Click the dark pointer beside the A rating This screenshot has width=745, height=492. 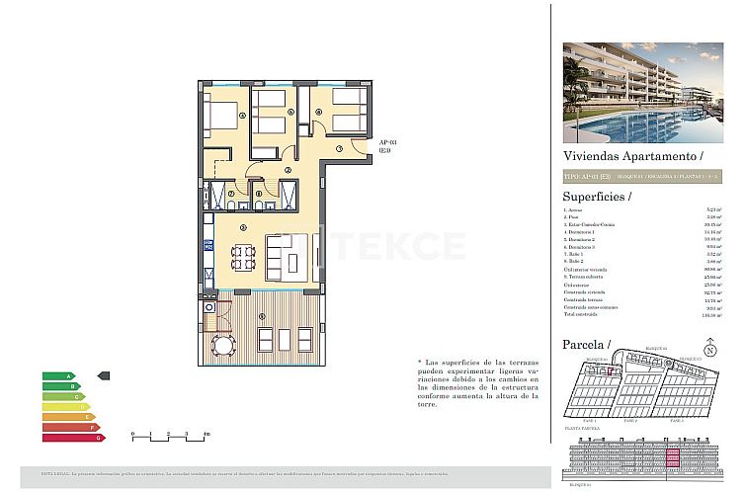[106, 376]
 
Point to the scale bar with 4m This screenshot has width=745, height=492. [169, 436]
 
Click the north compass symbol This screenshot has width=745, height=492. [709, 349]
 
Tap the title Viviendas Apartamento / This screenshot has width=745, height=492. [632, 156]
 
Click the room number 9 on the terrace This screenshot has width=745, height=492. [262, 315]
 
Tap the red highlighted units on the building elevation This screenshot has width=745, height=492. [682, 459]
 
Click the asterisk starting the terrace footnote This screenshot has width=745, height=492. [420, 363]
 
